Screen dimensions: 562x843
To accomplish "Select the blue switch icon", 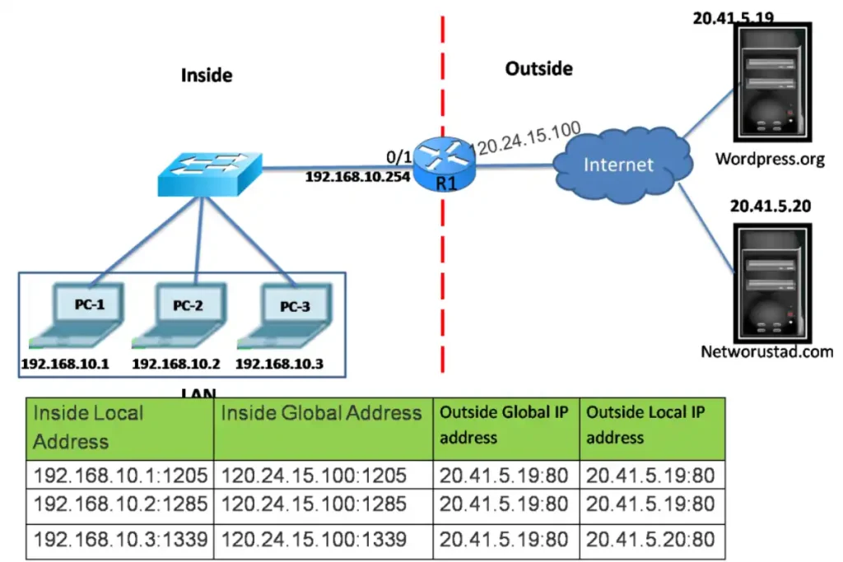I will click(x=209, y=174).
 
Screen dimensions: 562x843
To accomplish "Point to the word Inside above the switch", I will click(x=207, y=76).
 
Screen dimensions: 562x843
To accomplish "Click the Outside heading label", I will click(x=538, y=68).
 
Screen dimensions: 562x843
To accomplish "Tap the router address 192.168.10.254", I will click(x=358, y=177).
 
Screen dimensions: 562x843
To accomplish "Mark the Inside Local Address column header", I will click(x=87, y=427).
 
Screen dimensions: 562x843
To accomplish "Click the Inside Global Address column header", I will click(x=321, y=413).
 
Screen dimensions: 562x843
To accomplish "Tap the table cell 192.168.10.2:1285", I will click(x=120, y=504).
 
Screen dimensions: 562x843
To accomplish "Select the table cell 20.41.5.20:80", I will click(x=650, y=540).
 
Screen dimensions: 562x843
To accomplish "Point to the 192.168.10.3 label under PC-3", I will click(x=280, y=363).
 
